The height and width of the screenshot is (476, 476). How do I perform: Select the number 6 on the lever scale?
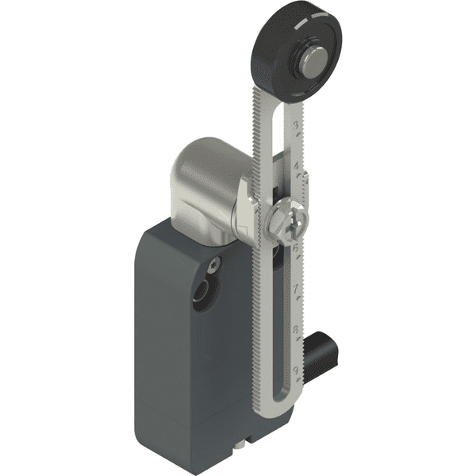click(295, 248)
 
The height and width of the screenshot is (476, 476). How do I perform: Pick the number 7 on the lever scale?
click(295, 290)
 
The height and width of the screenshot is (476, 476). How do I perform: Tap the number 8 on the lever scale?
click(295, 331)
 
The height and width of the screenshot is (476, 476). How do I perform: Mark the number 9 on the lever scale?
click(295, 369)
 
